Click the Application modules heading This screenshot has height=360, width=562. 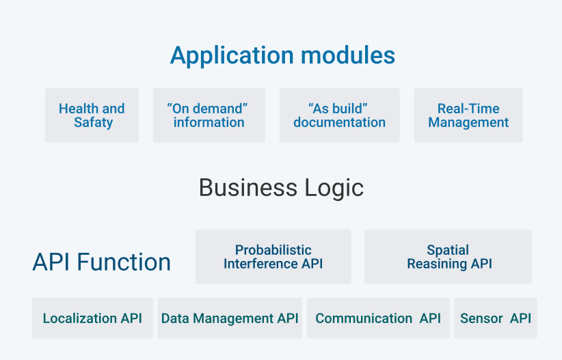(x=282, y=55)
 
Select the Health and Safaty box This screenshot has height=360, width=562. (x=92, y=115)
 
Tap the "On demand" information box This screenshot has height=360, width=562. (x=209, y=115)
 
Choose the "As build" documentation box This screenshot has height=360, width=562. (x=339, y=115)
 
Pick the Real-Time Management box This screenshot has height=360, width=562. (x=468, y=115)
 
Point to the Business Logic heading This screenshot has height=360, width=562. (x=281, y=188)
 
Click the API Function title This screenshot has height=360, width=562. (x=102, y=262)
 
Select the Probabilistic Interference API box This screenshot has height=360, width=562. (x=273, y=257)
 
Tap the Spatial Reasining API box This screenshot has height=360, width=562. (x=448, y=257)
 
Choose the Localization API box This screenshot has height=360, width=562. (x=92, y=318)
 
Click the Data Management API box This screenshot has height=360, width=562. (x=230, y=318)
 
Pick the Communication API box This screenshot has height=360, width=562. (x=378, y=318)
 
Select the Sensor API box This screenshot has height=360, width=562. (x=496, y=318)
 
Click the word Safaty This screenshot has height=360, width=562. (x=94, y=123)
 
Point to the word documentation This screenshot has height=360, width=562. (x=339, y=123)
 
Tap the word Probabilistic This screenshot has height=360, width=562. (x=273, y=250)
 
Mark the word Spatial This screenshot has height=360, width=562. (x=448, y=250)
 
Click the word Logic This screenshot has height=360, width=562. (x=335, y=188)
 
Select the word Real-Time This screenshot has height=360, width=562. (x=468, y=109)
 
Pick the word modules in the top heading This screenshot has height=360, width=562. (x=351, y=55)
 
